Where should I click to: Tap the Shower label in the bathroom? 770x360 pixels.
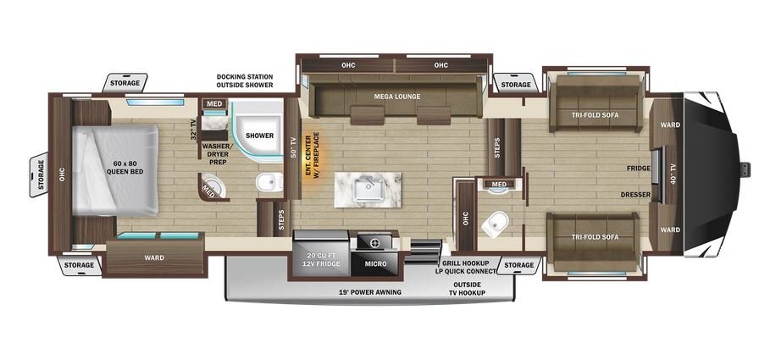click(x=260, y=136)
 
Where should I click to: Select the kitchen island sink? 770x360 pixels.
click(x=368, y=190)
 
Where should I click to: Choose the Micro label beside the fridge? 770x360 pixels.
click(x=375, y=263)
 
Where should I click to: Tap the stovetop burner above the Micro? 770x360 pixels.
click(x=375, y=242)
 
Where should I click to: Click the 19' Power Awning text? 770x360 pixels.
click(x=370, y=292)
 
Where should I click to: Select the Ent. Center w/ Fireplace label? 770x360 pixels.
click(x=313, y=155)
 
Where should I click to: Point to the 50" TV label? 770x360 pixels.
click(x=293, y=147)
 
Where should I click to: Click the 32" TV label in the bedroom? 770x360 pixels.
click(x=193, y=129)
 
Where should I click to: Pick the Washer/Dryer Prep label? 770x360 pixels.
click(x=217, y=153)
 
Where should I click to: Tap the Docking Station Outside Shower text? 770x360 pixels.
click(x=245, y=81)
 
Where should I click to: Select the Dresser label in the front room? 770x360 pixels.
click(x=635, y=195)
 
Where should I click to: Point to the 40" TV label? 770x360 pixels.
click(x=673, y=173)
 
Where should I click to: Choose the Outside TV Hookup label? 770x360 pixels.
click(x=468, y=289)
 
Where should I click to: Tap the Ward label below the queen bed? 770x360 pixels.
click(x=154, y=258)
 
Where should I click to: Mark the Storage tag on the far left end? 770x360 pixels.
click(x=42, y=174)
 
